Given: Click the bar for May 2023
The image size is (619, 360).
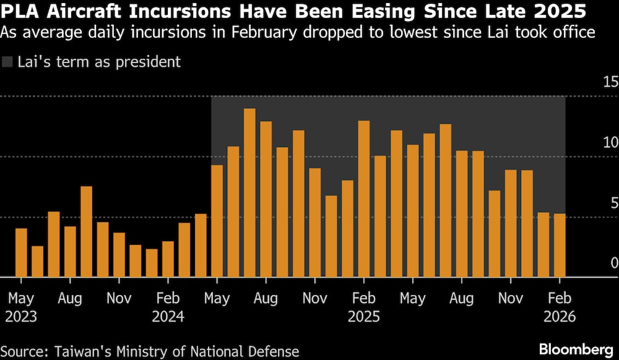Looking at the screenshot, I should click(x=21, y=253).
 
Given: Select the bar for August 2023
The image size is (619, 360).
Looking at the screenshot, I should click(x=70, y=252).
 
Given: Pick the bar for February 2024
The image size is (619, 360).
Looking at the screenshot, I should click(x=168, y=259).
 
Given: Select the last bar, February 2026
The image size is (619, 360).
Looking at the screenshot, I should click(x=560, y=246).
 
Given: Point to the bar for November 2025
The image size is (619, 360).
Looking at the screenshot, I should click(x=511, y=223).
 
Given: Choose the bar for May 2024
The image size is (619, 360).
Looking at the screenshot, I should click(x=217, y=221).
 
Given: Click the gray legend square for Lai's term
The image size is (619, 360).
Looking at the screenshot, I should click(x=7, y=62).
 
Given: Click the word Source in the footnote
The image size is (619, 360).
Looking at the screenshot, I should click(x=25, y=351).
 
